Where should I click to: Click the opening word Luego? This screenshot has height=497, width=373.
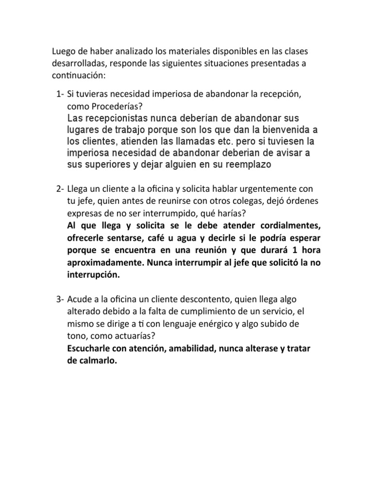62,52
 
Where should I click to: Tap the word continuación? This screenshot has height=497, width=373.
78,76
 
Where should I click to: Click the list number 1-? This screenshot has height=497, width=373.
60,93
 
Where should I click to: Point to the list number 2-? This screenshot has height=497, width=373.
60,188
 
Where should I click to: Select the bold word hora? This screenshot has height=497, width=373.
312,250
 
